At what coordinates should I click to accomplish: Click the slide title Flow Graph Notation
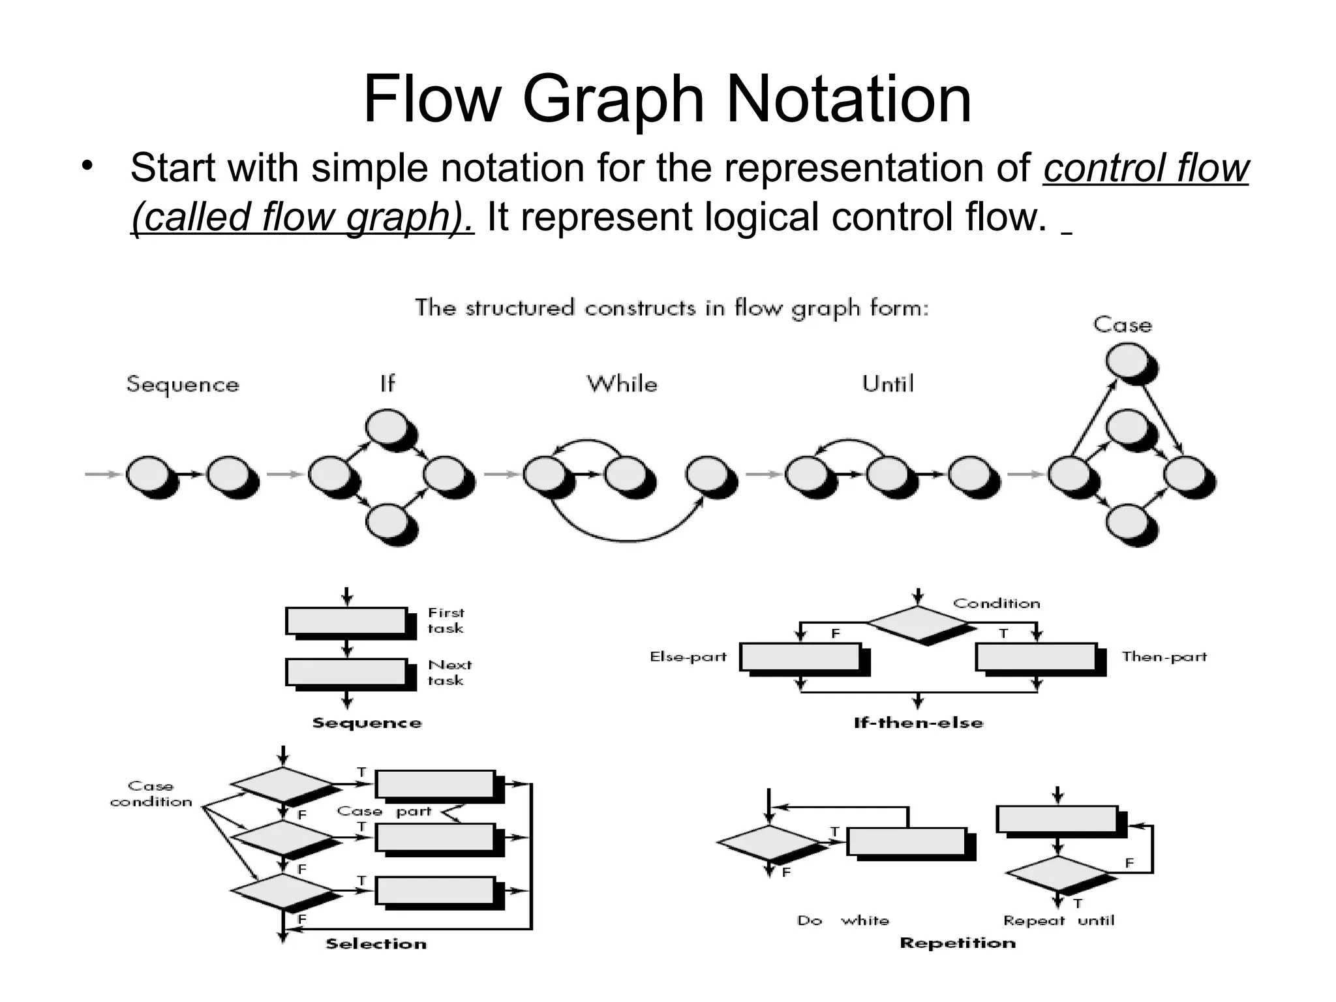667,99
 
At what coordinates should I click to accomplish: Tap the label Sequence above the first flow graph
183,384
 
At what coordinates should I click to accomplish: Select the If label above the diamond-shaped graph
387,384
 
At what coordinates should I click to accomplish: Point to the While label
622,384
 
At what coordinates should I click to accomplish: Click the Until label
887,384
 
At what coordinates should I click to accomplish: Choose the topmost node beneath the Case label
1127,361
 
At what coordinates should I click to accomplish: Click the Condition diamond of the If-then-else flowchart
918,624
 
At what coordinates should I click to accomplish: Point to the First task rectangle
346,620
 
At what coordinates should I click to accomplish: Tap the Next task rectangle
346,672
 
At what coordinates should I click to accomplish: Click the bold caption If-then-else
918,723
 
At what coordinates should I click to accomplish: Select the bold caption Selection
376,944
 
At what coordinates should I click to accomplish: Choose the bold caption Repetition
957,943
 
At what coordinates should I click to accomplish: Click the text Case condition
151,794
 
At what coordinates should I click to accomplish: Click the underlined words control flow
1146,168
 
